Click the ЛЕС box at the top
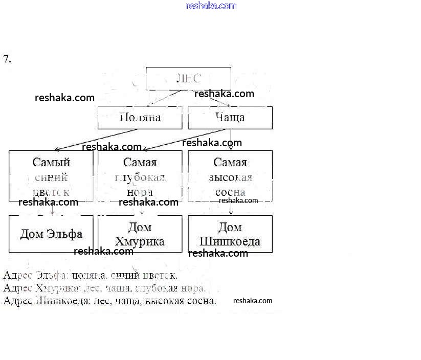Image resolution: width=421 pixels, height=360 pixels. click(x=188, y=79)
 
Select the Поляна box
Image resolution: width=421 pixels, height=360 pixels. click(x=140, y=118)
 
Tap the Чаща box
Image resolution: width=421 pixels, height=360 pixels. click(x=230, y=118)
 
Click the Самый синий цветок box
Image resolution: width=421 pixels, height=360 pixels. click(x=51, y=176)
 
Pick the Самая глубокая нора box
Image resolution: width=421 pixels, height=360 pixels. click(x=140, y=176)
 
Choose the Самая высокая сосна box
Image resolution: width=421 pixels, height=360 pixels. click(x=230, y=176)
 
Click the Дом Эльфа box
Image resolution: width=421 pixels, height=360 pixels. click(x=51, y=234)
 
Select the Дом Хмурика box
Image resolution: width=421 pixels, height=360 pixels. click(x=140, y=234)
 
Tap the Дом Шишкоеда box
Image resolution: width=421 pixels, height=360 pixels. click(x=230, y=234)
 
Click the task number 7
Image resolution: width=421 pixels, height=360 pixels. click(x=7, y=59)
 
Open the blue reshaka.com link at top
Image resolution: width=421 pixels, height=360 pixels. click(x=211, y=6)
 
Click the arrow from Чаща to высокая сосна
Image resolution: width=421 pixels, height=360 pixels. click(x=231, y=139)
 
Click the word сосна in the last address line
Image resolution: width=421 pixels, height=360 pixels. click(x=201, y=301)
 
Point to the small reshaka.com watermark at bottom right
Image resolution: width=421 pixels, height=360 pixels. click(x=253, y=301)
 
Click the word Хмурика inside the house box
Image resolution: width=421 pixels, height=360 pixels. click(x=140, y=241)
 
